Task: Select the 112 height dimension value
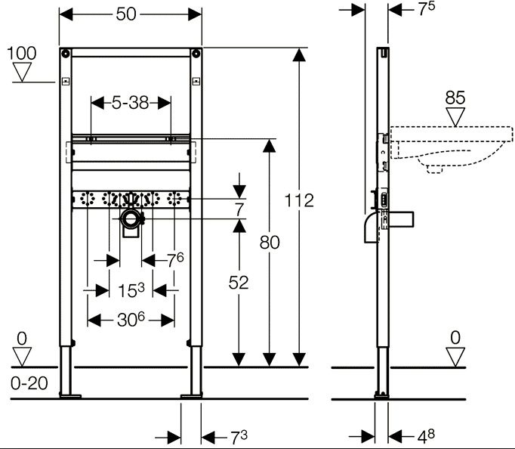pos(299,200)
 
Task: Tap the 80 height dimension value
pos(270,243)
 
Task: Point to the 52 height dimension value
pos(239,282)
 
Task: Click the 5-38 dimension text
pos(130,103)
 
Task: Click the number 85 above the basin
pos(455,98)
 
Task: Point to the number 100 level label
pos(22,53)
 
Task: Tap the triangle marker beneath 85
pos(455,117)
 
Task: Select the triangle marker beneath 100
pos(22,73)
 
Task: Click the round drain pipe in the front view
pos(133,220)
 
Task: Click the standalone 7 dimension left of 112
pos(239,209)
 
